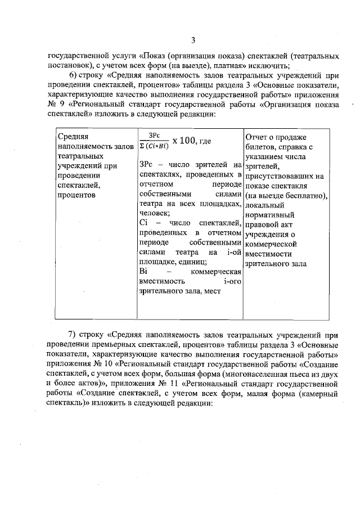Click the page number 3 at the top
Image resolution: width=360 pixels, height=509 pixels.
193,40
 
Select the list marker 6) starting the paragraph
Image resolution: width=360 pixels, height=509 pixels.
74,76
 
